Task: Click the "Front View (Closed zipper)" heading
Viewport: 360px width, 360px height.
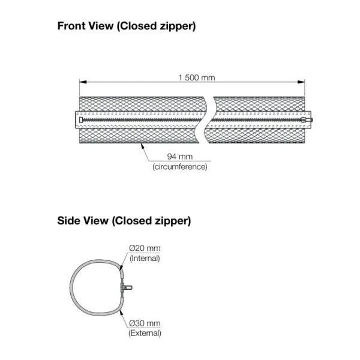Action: pyautogui.click(x=127, y=26)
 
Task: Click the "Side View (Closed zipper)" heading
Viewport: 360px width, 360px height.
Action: pyautogui.click(x=124, y=221)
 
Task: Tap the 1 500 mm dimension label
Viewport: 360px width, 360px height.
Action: pyautogui.click(x=197, y=77)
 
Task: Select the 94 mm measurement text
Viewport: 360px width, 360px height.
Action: pyautogui.click(x=180, y=157)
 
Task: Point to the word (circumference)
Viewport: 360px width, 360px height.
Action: pyautogui.click(x=180, y=167)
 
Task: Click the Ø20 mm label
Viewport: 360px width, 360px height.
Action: pyautogui.click(x=145, y=248)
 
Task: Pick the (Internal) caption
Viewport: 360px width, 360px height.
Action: pyautogui.click(x=145, y=258)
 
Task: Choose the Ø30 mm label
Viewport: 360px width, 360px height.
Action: pyautogui.click(x=145, y=323)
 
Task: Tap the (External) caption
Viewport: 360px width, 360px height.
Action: pyautogui.click(x=145, y=333)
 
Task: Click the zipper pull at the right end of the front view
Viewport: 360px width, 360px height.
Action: pyautogui.click(x=307, y=120)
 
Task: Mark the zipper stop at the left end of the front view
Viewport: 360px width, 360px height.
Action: pyautogui.click(x=81, y=120)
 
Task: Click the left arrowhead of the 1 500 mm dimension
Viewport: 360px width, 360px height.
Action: pyautogui.click(x=83, y=82)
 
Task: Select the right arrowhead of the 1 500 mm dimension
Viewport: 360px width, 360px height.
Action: pyautogui.click(x=301, y=82)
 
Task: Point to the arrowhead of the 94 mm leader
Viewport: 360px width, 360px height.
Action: pyautogui.click(x=143, y=146)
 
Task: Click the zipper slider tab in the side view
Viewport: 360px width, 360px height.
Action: pyautogui.click(x=127, y=287)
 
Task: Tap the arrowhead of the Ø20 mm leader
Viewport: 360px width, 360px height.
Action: pyautogui.click(x=121, y=267)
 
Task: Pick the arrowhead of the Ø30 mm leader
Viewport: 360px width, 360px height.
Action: pyautogui.click(x=121, y=312)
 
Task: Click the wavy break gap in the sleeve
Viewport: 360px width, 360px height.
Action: pyautogui.click(x=208, y=120)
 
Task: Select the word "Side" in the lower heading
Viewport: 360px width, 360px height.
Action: pyautogui.click(x=69, y=221)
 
